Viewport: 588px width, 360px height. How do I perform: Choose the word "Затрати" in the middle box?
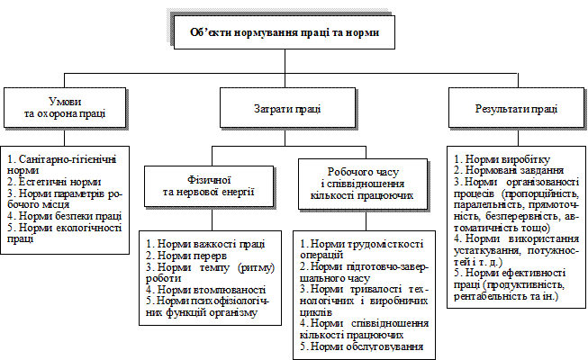point(268,108)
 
